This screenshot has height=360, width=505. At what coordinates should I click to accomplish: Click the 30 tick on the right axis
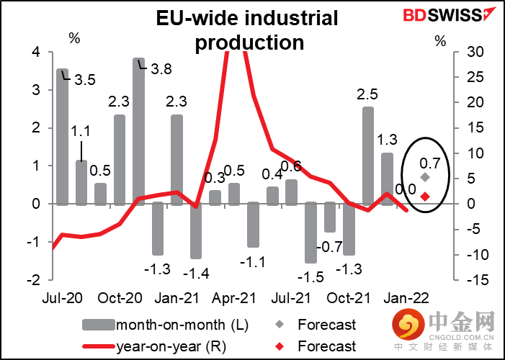(468, 52)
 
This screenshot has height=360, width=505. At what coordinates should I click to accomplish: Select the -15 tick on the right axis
(468, 280)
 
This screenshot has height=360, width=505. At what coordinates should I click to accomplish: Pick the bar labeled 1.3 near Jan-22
(387, 179)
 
